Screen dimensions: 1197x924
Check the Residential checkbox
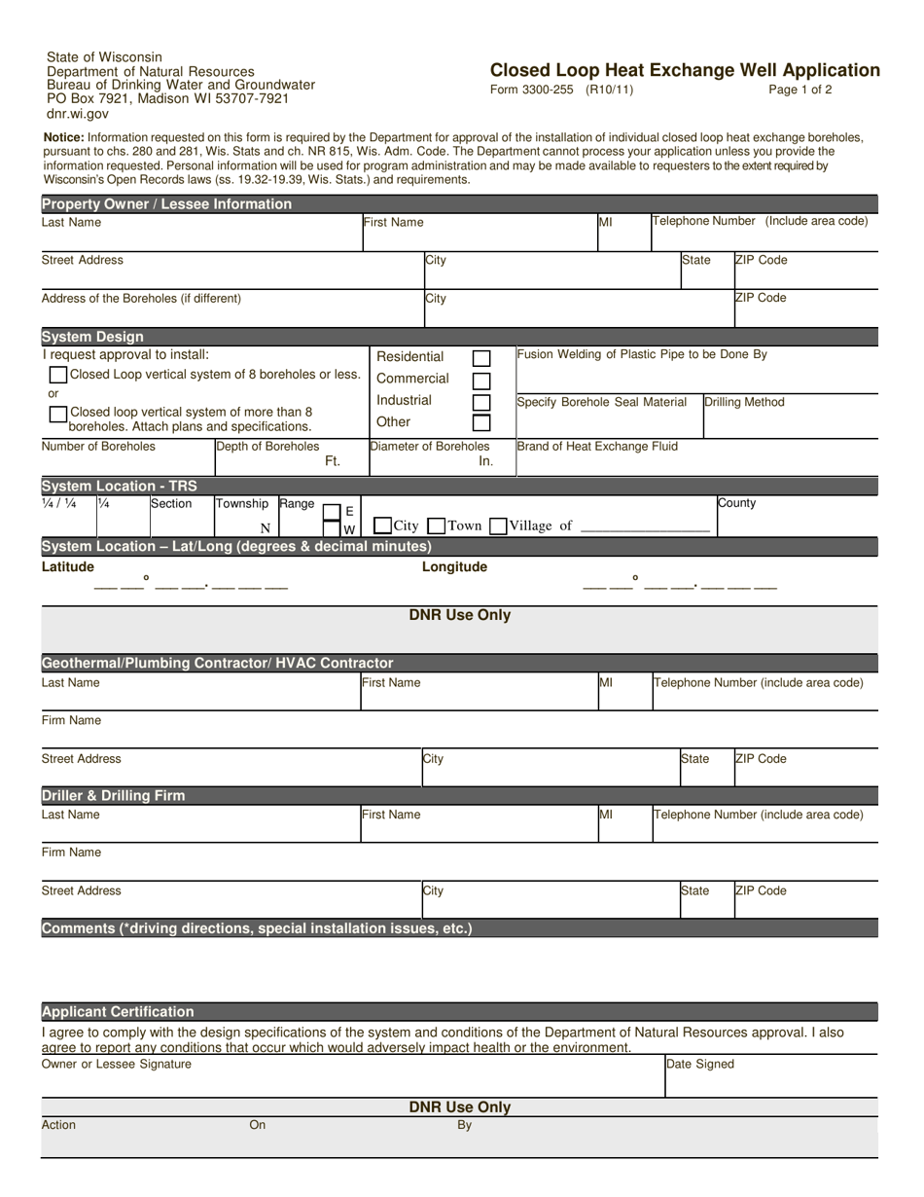tap(480, 358)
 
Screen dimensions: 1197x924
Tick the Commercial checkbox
tap(480, 380)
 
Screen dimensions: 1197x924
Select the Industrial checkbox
tap(480, 401)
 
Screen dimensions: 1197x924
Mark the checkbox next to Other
tap(480, 422)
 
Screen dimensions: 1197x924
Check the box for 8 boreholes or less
tap(58, 375)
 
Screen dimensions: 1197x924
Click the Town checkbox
tap(437, 526)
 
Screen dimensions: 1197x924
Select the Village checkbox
tap(498, 526)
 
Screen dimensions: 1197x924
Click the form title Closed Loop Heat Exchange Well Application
tap(685, 70)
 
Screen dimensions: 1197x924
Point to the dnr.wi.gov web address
tap(78, 113)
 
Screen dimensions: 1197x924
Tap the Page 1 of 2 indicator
tap(800, 90)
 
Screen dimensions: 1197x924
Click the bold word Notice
tap(63, 138)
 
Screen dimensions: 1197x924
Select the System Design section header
tap(92, 337)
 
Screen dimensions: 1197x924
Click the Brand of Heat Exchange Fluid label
tap(597, 447)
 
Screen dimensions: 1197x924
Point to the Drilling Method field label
tap(744, 402)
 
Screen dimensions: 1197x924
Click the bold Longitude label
tap(454, 566)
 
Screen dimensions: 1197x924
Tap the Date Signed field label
tap(700, 1065)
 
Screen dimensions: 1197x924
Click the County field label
tap(736, 503)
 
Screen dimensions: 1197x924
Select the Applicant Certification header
tap(118, 1011)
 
